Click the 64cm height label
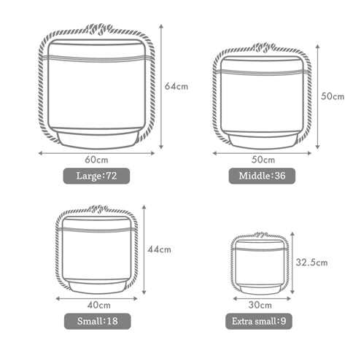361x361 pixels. click(176, 86)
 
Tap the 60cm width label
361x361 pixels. click(96, 160)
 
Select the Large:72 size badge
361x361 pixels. click(96, 176)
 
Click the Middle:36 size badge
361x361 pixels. click(262, 176)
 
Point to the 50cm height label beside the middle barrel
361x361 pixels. click(333, 96)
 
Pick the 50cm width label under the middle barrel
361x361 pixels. click(263, 160)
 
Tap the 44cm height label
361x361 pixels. click(159, 249)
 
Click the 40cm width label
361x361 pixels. click(99, 305)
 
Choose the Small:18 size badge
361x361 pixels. click(98, 321)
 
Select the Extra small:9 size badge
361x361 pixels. click(259, 321)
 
